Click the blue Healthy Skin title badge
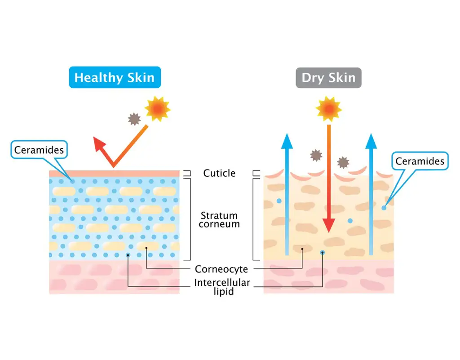coord(115,77)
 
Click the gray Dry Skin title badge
coord(328,77)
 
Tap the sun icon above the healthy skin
coord(158,109)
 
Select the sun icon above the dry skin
coord(328,109)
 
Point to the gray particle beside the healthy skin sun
coord(134,119)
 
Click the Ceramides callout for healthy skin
coord(39,150)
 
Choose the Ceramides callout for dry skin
coord(420,161)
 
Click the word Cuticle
coord(219,173)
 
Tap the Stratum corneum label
coord(219,220)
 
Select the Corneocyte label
coord(221,269)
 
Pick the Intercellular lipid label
coord(222,287)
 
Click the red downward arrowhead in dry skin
coord(329,225)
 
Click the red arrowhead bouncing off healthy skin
coord(99,143)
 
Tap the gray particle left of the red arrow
coord(316,155)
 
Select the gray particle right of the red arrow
coord(343,163)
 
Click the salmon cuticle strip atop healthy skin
coord(114,173)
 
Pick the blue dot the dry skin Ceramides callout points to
coord(384,208)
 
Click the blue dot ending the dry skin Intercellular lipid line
coord(323,252)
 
